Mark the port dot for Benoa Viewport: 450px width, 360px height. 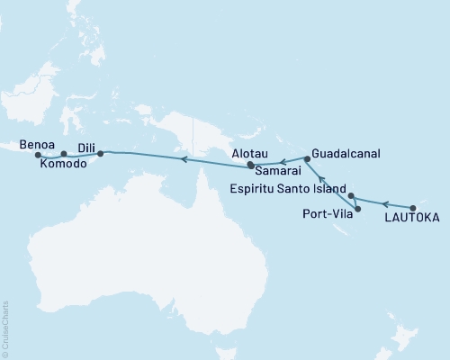(37, 156)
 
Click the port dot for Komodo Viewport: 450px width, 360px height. (63, 155)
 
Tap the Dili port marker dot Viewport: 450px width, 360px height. (100, 154)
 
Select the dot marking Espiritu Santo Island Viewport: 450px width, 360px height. (352, 195)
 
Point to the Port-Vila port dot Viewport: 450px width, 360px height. (358, 210)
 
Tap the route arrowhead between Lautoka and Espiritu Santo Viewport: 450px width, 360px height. (384, 201)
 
